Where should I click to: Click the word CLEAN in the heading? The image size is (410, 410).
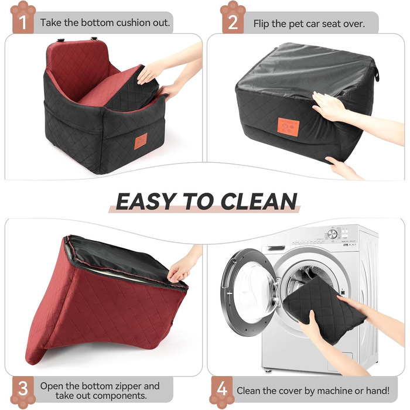[x=259, y=201]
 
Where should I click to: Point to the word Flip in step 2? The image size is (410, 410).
[x=261, y=24]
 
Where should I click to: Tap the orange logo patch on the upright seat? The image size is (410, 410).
[x=141, y=141]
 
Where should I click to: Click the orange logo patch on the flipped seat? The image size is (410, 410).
[x=288, y=127]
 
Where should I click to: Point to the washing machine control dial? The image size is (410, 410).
[x=332, y=234]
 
